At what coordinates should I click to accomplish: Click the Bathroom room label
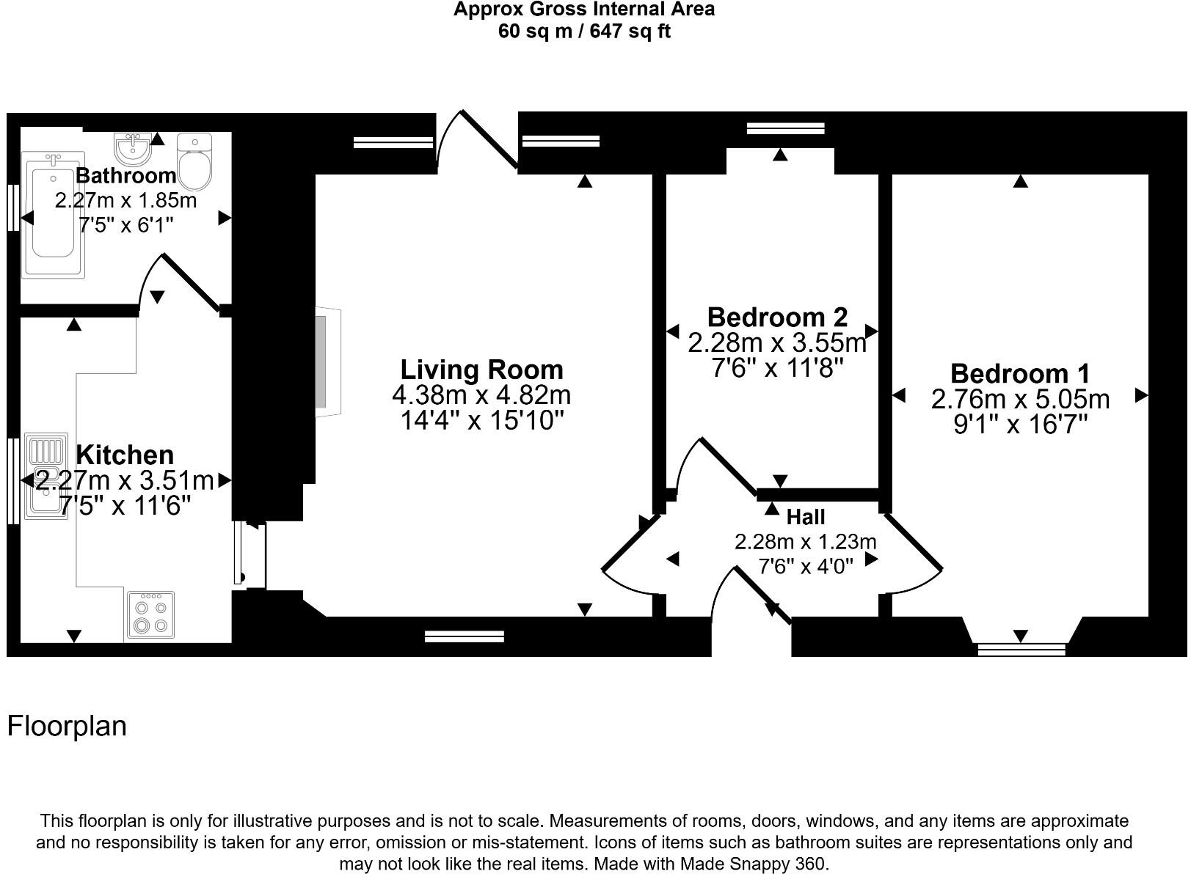tap(125, 175)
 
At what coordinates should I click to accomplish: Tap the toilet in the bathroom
tap(194, 161)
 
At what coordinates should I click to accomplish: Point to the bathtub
tap(53, 215)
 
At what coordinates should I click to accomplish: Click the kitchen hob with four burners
tap(150, 614)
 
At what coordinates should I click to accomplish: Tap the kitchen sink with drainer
tap(47, 476)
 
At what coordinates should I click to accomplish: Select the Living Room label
tap(481, 370)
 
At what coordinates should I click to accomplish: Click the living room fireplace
tap(328, 361)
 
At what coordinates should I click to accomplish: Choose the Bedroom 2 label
tap(777, 317)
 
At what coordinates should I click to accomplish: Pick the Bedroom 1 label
tap(1020, 373)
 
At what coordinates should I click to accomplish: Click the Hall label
tap(806, 516)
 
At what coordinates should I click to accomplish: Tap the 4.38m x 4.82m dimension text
tap(481, 394)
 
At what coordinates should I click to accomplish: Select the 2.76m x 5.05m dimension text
tap(1020, 399)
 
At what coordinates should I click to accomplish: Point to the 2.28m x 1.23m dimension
tap(806, 542)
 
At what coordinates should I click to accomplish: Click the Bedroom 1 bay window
tap(1021, 649)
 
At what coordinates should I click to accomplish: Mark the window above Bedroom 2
tap(785, 128)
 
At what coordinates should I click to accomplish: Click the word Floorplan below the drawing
tap(67, 726)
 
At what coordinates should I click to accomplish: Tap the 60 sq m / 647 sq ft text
tap(584, 32)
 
